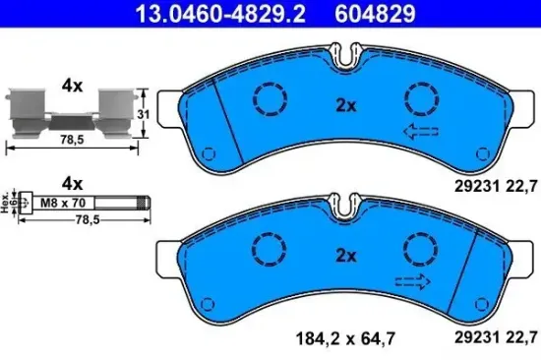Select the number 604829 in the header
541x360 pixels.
click(x=375, y=13)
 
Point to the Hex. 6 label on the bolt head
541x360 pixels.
click(x=7, y=204)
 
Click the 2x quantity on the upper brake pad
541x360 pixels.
click(x=344, y=105)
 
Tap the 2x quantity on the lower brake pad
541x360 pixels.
click(x=344, y=255)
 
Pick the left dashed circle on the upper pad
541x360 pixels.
click(x=268, y=96)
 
